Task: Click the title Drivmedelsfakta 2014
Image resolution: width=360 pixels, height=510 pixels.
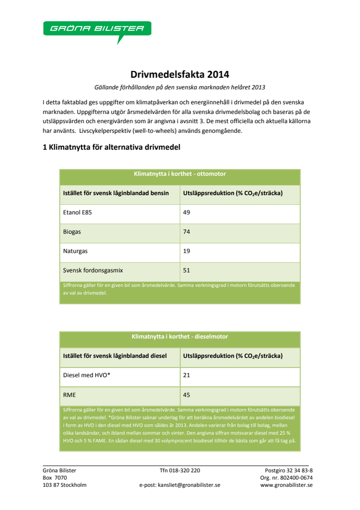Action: [x=180, y=75]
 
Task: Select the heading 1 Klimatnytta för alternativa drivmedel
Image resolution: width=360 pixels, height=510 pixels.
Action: [x=111, y=147]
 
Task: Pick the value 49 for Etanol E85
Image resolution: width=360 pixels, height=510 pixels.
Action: [x=187, y=212]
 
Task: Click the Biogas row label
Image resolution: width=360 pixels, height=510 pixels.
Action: [x=72, y=232]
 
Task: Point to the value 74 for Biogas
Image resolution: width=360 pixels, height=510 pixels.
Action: [x=187, y=232]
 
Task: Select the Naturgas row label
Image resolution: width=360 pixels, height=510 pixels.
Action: [x=75, y=251]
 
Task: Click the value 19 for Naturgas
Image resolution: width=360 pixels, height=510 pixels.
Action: [x=187, y=251]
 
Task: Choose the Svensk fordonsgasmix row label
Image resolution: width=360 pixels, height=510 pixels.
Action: [x=90, y=270]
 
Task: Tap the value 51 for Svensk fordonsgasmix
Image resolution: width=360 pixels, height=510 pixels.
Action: [x=187, y=270]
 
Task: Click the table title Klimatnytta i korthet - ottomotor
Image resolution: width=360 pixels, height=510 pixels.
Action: [x=180, y=174]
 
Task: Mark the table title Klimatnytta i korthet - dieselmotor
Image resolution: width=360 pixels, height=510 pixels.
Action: [x=180, y=337]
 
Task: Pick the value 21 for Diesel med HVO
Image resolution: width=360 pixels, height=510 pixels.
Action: [x=187, y=375]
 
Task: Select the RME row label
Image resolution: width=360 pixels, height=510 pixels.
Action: [x=69, y=395]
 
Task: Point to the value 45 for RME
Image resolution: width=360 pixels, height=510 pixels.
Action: [x=187, y=395]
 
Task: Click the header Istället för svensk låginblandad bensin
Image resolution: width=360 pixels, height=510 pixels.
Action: [x=116, y=193]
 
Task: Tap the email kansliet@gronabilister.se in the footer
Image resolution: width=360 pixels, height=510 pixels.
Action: [x=189, y=485]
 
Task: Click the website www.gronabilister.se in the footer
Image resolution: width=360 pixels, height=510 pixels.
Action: [x=286, y=485]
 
